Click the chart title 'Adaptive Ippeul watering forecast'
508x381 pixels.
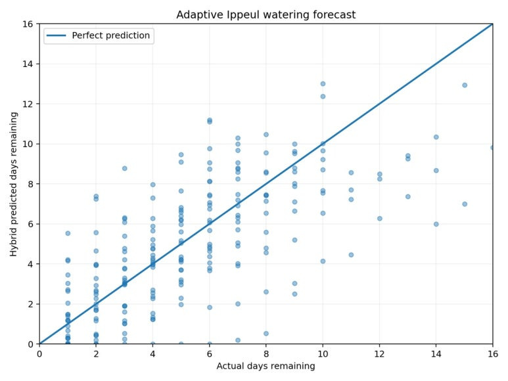[266, 15]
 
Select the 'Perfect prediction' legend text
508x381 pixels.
[111, 35]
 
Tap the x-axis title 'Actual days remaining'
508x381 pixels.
[266, 366]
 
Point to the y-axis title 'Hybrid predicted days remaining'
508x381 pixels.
[13, 184]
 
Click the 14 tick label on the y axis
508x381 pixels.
[27, 64]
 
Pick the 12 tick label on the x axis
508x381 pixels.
[379, 354]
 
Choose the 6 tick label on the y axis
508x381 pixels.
[30, 224]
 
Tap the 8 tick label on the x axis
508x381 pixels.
[266, 354]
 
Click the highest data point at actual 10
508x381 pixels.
[323, 84]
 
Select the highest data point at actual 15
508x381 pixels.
[465, 85]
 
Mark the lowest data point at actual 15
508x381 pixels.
[465, 204]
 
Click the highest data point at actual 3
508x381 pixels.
[124, 168]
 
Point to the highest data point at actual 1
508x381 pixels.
[68, 233]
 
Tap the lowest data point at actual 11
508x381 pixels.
[351, 255]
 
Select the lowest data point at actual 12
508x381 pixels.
[380, 219]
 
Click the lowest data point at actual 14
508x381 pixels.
[436, 224]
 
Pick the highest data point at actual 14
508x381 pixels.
[436, 137]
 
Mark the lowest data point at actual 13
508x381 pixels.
[408, 196]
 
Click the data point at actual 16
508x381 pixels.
[492, 148]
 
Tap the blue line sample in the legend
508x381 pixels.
[57, 35]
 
